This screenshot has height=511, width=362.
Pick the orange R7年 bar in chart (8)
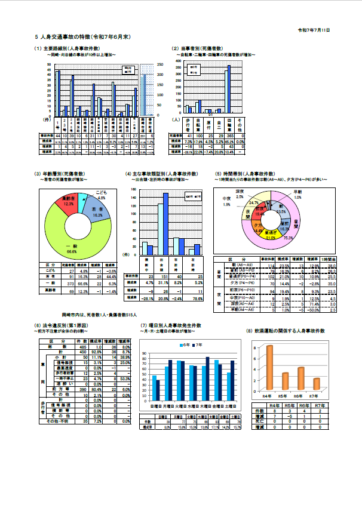(316, 383)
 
